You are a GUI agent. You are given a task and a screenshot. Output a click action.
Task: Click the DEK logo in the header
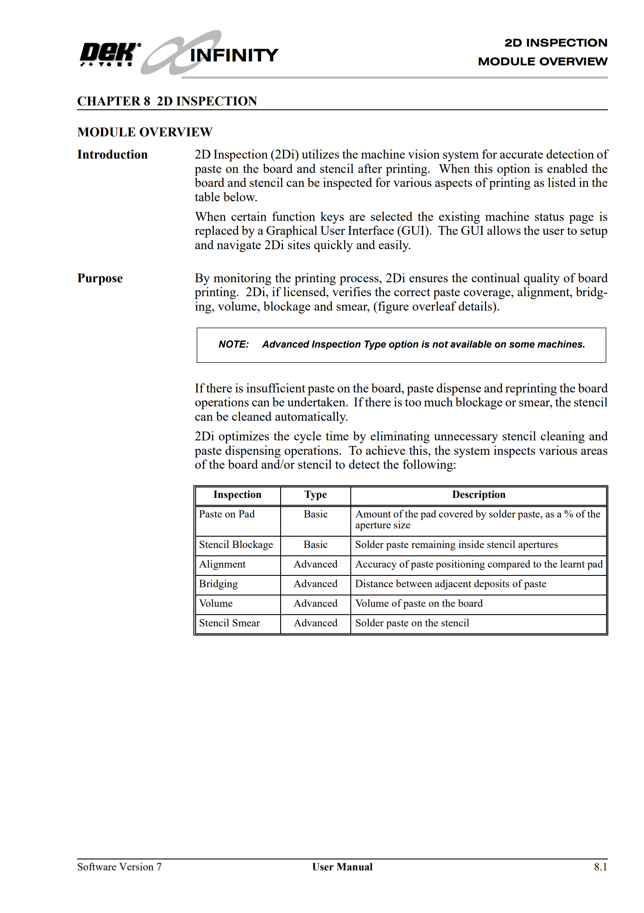pos(109,54)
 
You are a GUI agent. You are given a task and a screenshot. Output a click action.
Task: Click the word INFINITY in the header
pos(234,55)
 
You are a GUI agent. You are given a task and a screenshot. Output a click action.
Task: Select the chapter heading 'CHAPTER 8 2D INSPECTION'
pos(167,101)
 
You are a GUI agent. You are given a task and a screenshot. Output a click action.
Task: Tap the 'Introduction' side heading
pos(112,155)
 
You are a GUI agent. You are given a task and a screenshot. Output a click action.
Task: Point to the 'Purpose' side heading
pos(100,278)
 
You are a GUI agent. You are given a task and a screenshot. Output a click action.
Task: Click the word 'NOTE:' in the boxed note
pos(234,345)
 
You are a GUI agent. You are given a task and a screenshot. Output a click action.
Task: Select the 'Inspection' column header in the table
pos(237,495)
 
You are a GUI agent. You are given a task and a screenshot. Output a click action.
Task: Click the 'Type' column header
pos(315,495)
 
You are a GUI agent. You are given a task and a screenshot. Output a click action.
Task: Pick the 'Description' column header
pos(478,495)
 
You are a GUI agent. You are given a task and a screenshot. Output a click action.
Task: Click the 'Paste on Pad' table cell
pos(227,514)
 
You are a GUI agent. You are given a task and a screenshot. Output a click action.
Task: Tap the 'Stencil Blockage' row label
pos(236,545)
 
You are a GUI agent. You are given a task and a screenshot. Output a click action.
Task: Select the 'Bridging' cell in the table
pos(218,584)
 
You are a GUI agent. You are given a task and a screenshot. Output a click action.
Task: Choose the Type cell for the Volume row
pos(315,604)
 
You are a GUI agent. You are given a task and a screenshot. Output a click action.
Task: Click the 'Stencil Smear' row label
pos(229,623)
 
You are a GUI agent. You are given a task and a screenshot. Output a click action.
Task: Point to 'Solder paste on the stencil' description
pos(412,623)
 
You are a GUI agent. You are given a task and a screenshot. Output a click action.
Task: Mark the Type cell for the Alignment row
pos(315,565)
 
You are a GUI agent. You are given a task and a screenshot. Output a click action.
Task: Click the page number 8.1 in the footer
pos(600,867)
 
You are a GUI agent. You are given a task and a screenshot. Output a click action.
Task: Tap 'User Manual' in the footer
pos(342,867)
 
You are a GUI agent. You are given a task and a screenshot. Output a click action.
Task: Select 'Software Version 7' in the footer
pos(119,867)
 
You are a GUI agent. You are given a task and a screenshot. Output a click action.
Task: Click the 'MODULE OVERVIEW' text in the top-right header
pos(542,61)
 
